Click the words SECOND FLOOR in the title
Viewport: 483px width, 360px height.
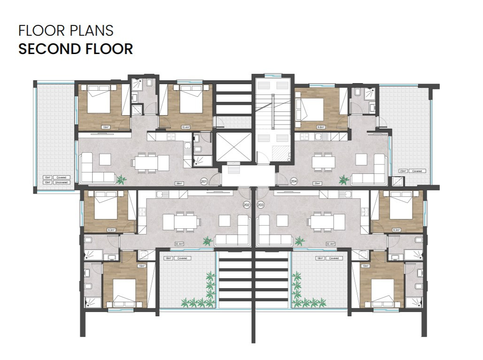(x=75, y=49)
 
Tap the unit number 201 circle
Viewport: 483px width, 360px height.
(x=204, y=180)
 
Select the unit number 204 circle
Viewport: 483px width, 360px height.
(x=294, y=180)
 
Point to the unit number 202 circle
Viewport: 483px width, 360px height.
(x=247, y=204)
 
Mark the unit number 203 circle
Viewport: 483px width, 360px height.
(x=261, y=204)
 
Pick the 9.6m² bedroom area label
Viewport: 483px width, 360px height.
(x=321, y=127)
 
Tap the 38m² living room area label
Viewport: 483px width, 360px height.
(x=179, y=183)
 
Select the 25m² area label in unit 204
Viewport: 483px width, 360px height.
(x=317, y=183)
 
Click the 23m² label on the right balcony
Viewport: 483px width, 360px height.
(x=402, y=171)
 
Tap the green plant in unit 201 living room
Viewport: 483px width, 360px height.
(x=122, y=179)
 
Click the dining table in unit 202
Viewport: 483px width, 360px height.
(x=179, y=221)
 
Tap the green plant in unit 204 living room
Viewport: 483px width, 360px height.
(x=344, y=180)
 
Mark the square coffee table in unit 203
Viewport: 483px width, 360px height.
(x=282, y=220)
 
